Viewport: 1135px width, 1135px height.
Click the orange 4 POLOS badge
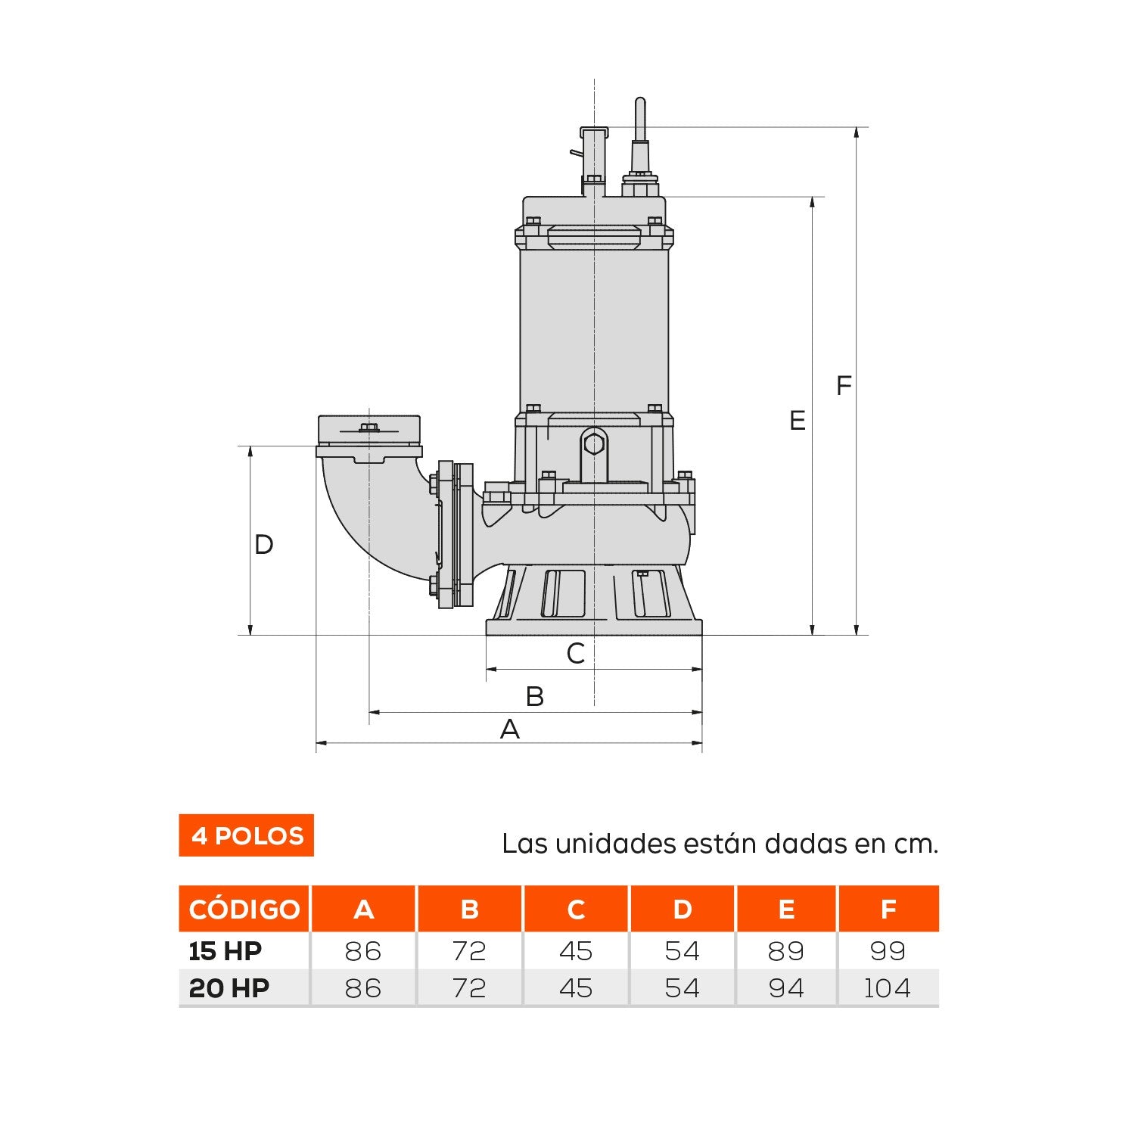[x=246, y=835]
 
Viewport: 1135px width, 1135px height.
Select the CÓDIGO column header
[x=244, y=909]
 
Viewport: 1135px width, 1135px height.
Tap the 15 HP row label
[x=225, y=951]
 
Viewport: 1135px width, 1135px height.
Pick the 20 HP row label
[x=229, y=988]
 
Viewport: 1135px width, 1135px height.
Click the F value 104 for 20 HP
[x=888, y=988]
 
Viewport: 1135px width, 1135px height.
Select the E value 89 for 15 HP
[x=785, y=951]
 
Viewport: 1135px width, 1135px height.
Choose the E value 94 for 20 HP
[x=785, y=988]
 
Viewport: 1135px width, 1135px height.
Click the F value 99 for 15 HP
[x=888, y=951]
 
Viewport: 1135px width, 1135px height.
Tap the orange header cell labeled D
[x=682, y=909]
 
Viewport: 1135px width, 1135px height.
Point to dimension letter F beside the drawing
[x=843, y=386]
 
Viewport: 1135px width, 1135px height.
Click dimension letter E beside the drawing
[x=797, y=421]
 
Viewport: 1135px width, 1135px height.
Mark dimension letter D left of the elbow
[x=263, y=545]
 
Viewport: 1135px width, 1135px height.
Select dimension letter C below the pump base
[x=576, y=654]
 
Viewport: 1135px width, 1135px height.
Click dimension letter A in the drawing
[x=510, y=729]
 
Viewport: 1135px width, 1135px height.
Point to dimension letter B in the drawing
[x=534, y=697]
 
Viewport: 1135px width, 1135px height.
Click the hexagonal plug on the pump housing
[x=595, y=442]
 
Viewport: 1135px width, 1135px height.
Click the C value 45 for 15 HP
[x=576, y=951]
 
